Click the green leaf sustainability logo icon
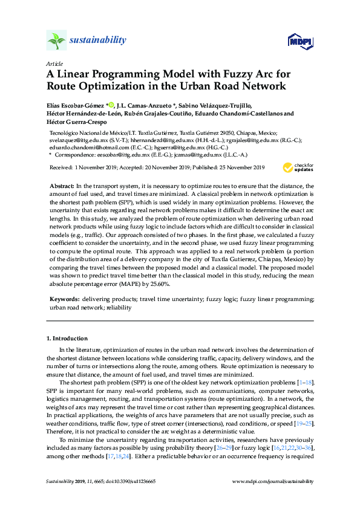pos(56,41)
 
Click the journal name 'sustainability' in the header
pos(99,41)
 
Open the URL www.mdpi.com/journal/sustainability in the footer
pos(273,481)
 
